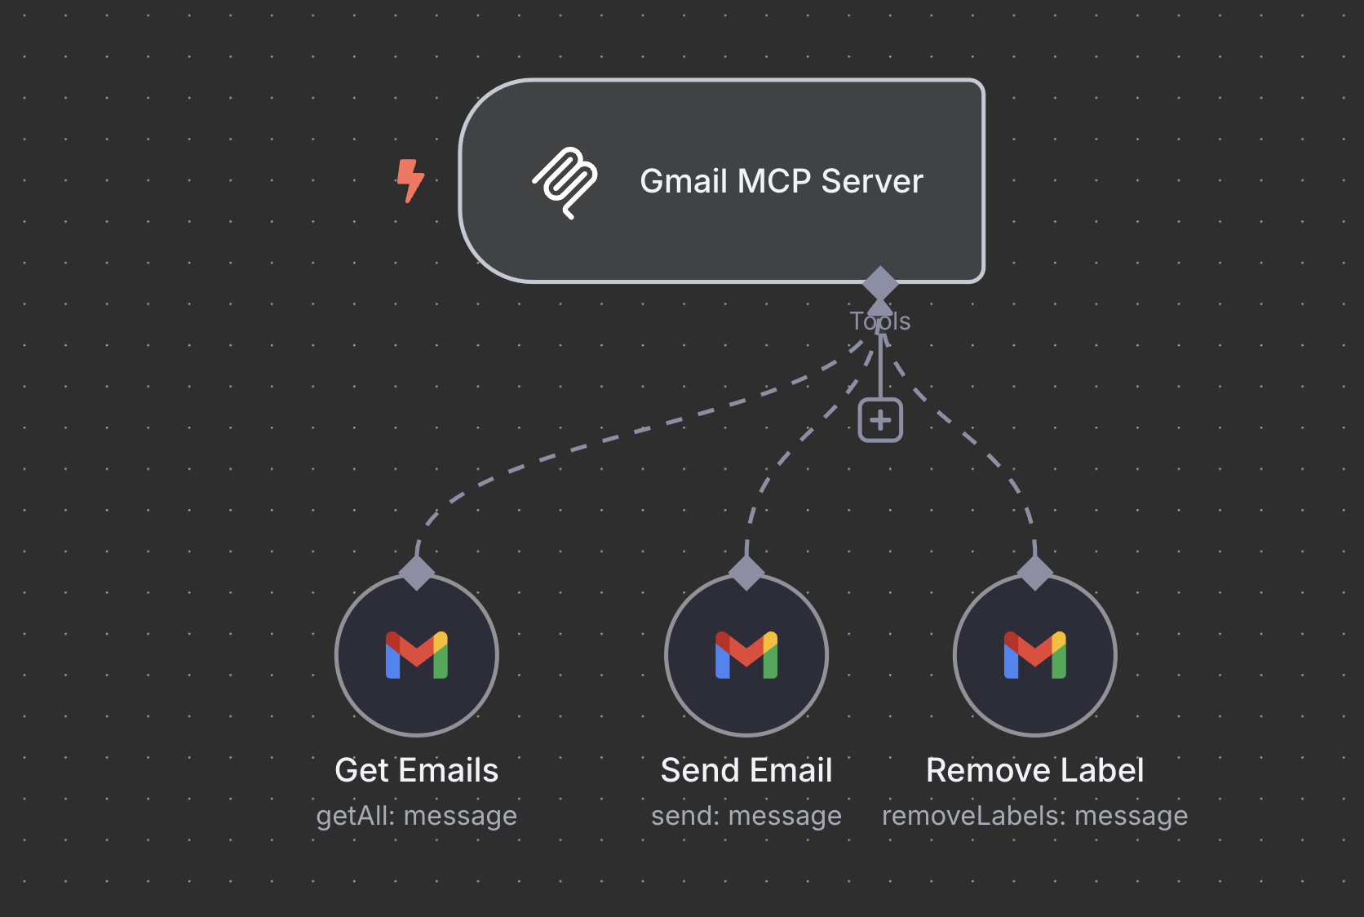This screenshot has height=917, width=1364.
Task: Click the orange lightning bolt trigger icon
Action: (410, 180)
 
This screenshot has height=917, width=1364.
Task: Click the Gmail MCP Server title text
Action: (781, 181)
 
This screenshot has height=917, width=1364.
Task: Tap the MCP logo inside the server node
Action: (565, 182)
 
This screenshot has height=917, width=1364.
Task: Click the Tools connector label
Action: (879, 321)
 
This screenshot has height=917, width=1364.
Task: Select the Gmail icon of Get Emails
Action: (417, 655)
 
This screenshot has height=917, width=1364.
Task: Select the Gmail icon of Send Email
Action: (746, 655)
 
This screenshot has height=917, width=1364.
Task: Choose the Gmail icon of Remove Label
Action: (1035, 655)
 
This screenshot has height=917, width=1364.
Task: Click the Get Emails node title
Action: (416, 770)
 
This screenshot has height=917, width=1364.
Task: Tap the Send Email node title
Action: (746, 770)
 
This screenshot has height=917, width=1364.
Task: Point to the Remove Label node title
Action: (1034, 770)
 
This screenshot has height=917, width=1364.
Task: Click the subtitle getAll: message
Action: (416, 816)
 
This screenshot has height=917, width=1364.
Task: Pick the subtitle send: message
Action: (746, 816)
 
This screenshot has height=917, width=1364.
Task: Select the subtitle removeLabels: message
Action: (1034, 816)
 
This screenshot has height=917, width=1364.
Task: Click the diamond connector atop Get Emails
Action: (417, 573)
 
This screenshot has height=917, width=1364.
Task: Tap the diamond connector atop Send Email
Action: (746, 573)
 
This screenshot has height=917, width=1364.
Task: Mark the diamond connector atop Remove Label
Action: (1035, 573)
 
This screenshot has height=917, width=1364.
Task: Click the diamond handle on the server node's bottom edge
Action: (880, 283)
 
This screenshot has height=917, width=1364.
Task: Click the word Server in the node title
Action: (872, 181)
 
